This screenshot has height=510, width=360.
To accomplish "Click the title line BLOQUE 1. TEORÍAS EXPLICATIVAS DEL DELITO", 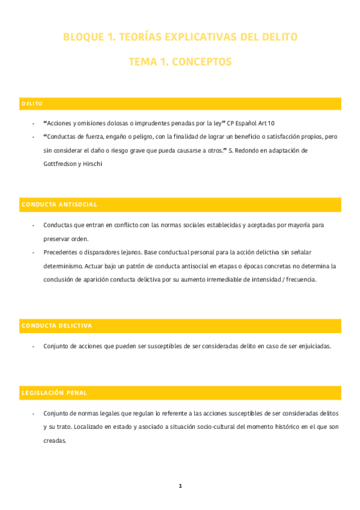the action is (x=180, y=37).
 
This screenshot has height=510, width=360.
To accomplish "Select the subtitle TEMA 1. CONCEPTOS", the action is (x=180, y=62).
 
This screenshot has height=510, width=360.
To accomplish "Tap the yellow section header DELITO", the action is (x=32, y=104).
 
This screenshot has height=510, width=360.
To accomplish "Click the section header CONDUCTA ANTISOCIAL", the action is (x=59, y=204).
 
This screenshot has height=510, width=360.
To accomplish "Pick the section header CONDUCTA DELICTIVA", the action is (x=56, y=325).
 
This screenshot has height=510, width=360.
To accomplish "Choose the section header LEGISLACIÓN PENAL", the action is (x=54, y=393).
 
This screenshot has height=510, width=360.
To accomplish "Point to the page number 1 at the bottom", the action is (x=180, y=486).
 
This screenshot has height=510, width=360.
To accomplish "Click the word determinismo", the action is (x=65, y=265).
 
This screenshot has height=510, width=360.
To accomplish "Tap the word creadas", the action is (x=55, y=440).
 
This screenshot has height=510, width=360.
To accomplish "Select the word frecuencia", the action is (x=298, y=279).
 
